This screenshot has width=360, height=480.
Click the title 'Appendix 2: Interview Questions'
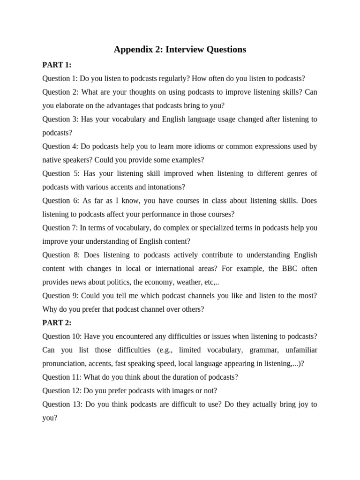click(180, 49)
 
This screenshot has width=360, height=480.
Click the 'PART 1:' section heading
click(57, 65)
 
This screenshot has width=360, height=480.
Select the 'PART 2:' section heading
click(57, 323)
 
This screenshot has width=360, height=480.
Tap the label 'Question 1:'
click(60, 78)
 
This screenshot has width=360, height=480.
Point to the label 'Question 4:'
click(60, 146)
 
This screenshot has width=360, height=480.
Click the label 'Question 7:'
click(60, 228)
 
